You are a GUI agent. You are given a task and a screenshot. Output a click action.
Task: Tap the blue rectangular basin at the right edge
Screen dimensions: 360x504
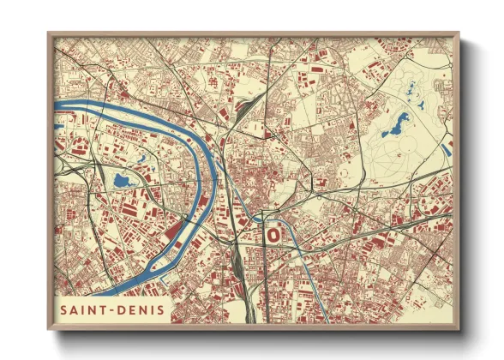[447, 148]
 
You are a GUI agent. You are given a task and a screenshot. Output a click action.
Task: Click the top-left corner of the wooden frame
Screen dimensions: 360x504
[48, 33]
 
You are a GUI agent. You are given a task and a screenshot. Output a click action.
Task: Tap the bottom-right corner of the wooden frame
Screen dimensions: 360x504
[459, 329]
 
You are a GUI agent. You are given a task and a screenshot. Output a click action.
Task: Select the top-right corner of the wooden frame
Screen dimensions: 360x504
[459, 33]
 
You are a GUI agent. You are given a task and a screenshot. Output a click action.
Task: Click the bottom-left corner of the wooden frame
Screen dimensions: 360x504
[48, 329]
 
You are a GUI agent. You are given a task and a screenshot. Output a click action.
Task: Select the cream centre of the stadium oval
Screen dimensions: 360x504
[273, 232]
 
